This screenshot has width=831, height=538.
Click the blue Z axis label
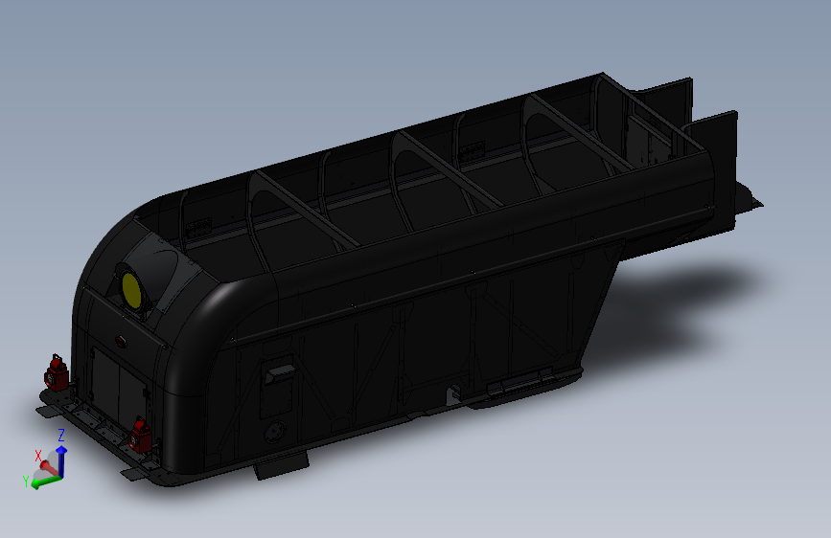(61, 436)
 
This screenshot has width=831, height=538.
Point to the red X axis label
(38, 456)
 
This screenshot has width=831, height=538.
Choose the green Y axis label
(26, 481)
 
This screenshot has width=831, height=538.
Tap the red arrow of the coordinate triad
(45, 467)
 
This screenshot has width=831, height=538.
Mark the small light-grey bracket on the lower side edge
(451, 393)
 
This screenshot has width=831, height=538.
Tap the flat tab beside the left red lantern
(48, 410)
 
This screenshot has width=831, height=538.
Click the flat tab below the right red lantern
(139, 471)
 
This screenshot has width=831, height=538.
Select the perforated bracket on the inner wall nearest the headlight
(199, 227)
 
